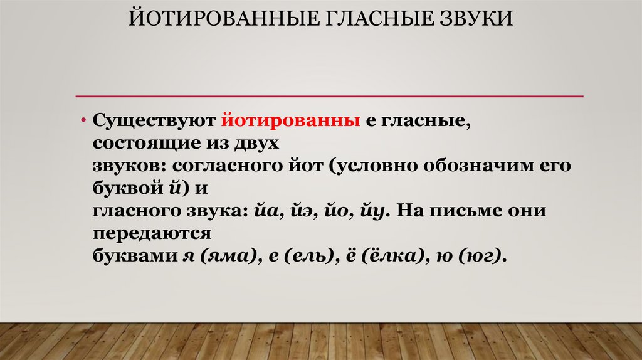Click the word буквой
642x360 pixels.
(x=125, y=188)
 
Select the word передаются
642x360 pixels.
(x=151, y=234)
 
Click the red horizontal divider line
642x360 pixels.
(x=329, y=96)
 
